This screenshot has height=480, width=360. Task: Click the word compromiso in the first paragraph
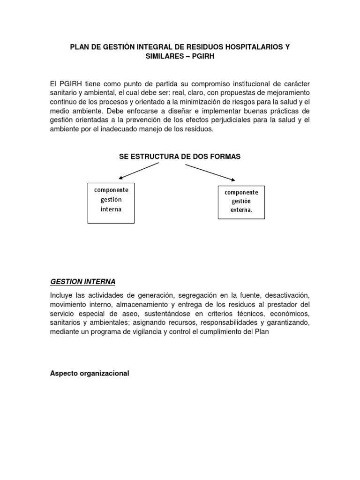(x=210, y=84)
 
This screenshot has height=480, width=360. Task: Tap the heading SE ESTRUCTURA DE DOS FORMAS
(x=180, y=157)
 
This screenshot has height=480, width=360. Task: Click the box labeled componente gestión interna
(x=111, y=202)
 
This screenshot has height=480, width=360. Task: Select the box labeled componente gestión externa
(x=241, y=202)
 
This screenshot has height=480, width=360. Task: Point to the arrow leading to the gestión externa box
(x=210, y=172)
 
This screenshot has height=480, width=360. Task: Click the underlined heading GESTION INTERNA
(x=82, y=282)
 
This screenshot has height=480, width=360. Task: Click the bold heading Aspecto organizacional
(x=90, y=374)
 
